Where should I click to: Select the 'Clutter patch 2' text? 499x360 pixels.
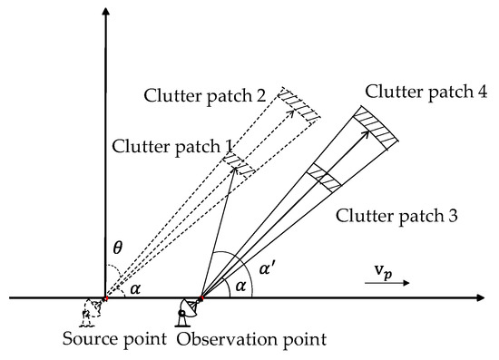pos(202,94)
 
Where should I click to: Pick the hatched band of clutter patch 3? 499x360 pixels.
pos(324,177)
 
